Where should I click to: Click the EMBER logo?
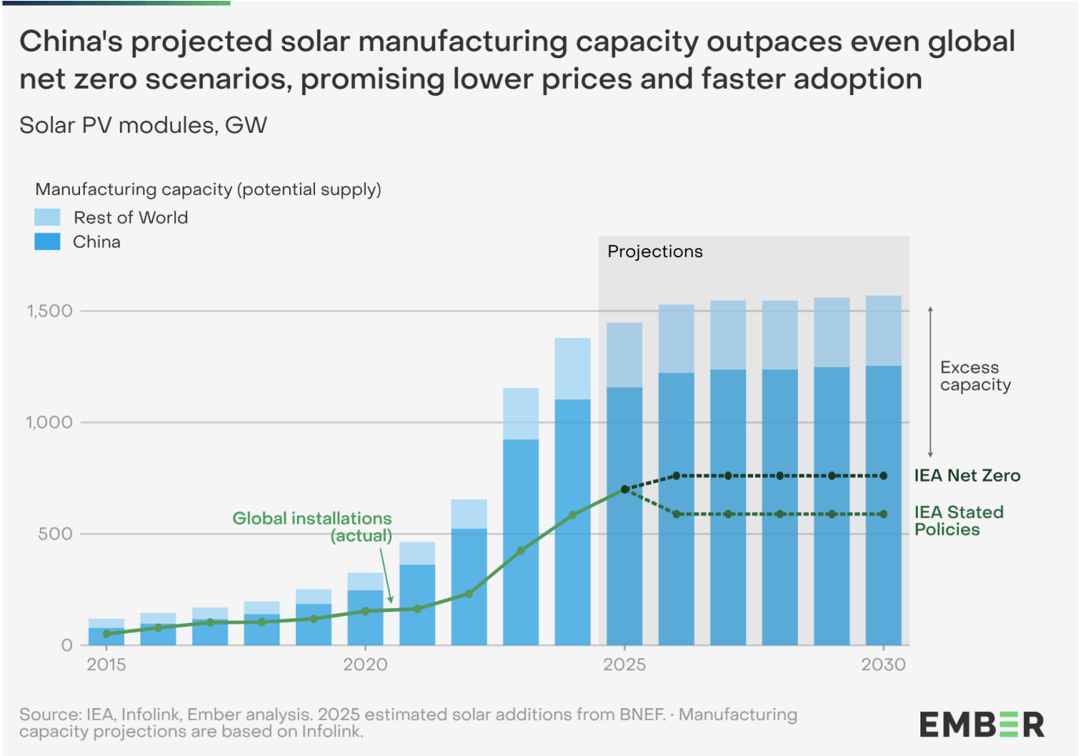982,724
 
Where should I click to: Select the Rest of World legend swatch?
47,218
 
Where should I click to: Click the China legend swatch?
47,242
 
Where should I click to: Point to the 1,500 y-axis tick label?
49,311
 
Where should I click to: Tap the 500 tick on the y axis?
55,534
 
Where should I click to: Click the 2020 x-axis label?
365,665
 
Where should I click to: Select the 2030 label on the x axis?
883,665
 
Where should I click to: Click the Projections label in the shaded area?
655,251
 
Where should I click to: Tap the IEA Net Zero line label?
967,475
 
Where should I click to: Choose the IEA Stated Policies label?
958,521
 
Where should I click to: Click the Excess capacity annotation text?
975,376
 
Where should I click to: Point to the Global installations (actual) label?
313,527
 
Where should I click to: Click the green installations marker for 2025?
624,489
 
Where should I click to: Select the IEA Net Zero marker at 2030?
883,475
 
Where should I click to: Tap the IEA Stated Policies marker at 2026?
676,514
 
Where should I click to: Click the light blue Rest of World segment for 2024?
572,368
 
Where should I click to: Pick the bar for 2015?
106,633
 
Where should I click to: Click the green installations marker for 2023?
521,551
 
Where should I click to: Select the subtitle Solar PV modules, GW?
143,126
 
